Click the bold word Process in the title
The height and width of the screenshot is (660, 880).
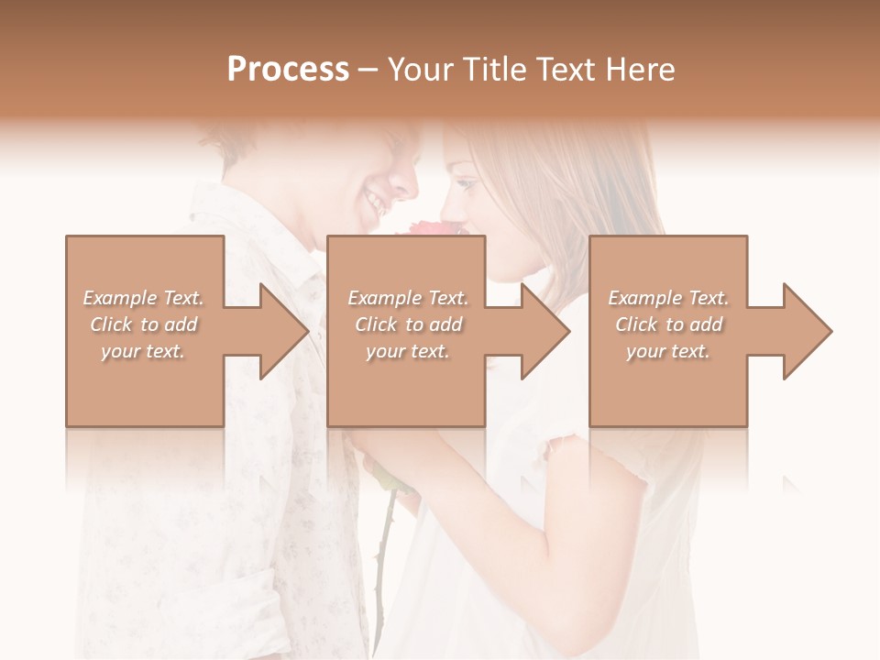(x=288, y=70)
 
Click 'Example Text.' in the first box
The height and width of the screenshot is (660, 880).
(x=144, y=298)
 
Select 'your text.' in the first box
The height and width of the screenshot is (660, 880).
(x=144, y=351)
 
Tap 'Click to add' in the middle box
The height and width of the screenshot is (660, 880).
(x=408, y=324)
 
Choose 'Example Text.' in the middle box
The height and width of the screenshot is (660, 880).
(x=408, y=298)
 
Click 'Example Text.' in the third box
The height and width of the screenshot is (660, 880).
(x=668, y=298)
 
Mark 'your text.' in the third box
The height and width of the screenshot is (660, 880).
(x=668, y=351)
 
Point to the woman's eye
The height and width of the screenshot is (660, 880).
(x=468, y=185)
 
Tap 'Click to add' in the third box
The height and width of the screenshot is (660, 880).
(x=668, y=324)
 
